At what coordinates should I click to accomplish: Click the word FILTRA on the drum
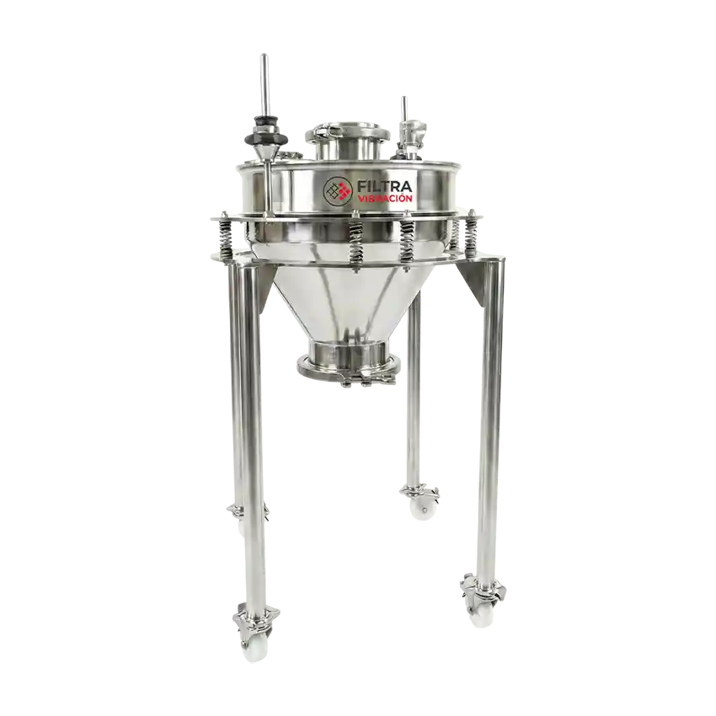385,187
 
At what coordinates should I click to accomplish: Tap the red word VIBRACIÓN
385,199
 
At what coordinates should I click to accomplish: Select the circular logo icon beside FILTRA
338,190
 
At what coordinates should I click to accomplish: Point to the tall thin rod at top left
264,83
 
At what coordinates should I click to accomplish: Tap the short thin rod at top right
403,109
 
